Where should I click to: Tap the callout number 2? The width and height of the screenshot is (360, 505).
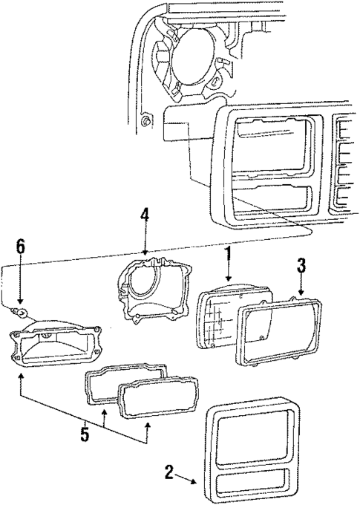[x=170, y=470]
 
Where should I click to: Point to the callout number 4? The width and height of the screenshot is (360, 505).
[x=145, y=216]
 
